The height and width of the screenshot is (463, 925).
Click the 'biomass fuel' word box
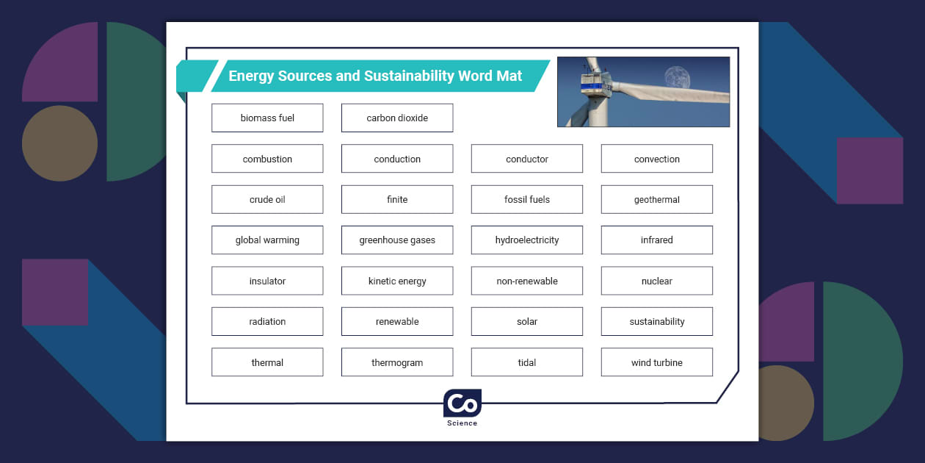click(267, 118)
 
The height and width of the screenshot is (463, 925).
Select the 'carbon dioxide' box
click(397, 118)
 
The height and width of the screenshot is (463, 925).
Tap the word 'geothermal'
click(657, 200)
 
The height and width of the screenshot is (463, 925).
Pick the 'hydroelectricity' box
click(527, 240)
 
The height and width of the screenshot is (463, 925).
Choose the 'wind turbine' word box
click(657, 362)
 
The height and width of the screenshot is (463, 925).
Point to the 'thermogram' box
click(397, 362)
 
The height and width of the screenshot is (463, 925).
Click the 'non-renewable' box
click(527, 281)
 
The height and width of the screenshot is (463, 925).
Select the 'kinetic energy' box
click(397, 281)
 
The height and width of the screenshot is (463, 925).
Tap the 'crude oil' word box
click(267, 200)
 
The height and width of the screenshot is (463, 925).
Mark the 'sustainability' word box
click(657, 322)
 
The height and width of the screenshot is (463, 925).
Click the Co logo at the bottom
click(462, 403)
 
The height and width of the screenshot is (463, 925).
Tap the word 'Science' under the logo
click(462, 423)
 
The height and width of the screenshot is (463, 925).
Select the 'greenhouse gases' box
click(397, 240)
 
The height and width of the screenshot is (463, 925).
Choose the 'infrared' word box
click(657, 240)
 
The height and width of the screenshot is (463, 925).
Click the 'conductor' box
click(527, 159)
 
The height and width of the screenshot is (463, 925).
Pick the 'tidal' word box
click(527, 362)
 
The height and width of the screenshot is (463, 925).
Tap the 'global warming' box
click(267, 240)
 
